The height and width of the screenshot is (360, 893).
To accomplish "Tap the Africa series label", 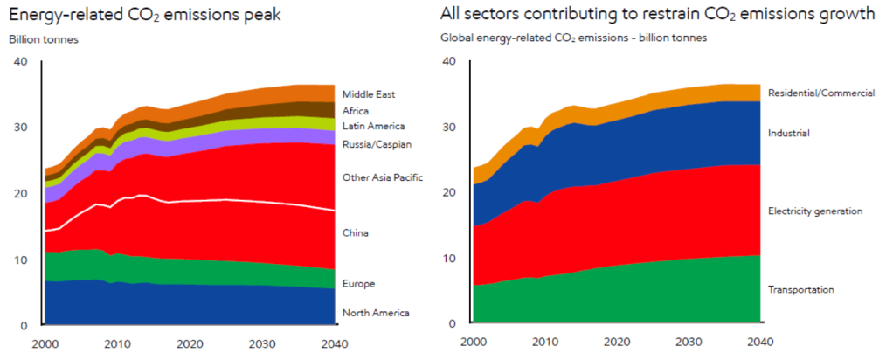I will (x=356, y=111).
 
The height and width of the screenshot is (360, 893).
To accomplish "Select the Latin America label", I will (x=372, y=128).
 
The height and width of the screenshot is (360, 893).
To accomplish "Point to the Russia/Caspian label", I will (x=377, y=144).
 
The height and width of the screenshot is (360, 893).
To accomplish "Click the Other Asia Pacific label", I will (x=383, y=177).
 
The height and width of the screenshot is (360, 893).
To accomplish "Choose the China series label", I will (x=356, y=233).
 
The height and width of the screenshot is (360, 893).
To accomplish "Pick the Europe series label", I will (x=358, y=284).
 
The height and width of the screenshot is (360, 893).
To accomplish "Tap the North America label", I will (x=376, y=313).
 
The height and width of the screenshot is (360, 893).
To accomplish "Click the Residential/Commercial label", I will (x=820, y=93).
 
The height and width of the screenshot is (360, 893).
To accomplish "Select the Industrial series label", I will (x=787, y=134).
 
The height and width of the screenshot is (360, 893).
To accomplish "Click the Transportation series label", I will (x=800, y=289).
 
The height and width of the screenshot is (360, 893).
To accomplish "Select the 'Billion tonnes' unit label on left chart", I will (x=44, y=38).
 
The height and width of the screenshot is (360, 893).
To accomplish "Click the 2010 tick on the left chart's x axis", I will (x=118, y=342).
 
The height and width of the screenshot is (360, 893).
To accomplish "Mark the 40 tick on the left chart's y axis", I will (x=21, y=60).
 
